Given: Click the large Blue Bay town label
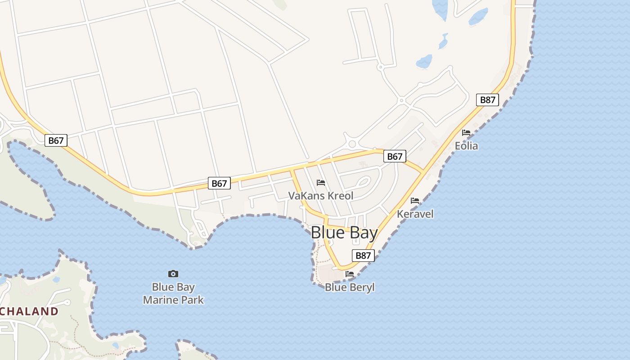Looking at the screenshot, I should [x=344, y=233].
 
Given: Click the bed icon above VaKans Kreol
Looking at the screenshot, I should [x=321, y=182].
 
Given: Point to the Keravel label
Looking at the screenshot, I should [x=415, y=214].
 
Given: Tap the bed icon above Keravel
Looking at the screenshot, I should [x=415, y=200].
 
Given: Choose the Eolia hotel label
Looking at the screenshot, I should [x=466, y=146].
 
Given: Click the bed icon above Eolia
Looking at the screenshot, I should [x=466, y=133].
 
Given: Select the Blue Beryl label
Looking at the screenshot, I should [x=350, y=287].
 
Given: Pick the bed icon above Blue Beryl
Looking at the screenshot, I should [x=350, y=274].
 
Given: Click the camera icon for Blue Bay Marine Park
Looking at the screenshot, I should [x=173, y=274].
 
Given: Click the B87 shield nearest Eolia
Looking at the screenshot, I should [x=487, y=100].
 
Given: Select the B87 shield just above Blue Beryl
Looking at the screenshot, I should [x=363, y=256].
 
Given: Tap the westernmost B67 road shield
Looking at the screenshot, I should [x=56, y=140].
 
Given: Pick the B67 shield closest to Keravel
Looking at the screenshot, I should [x=395, y=156].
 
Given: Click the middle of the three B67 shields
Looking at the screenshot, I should [x=219, y=183].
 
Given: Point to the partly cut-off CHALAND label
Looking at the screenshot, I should [x=29, y=311].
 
